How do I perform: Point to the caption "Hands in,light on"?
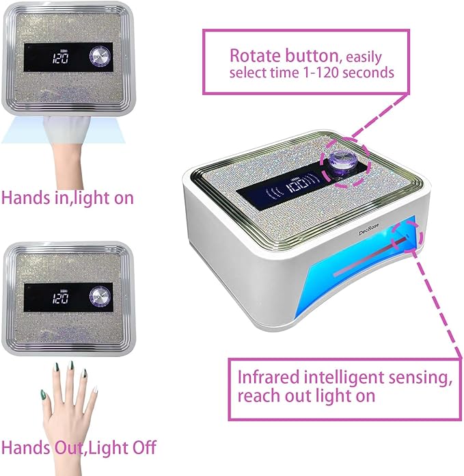point(68,198)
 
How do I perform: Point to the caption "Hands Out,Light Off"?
point(79,448)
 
